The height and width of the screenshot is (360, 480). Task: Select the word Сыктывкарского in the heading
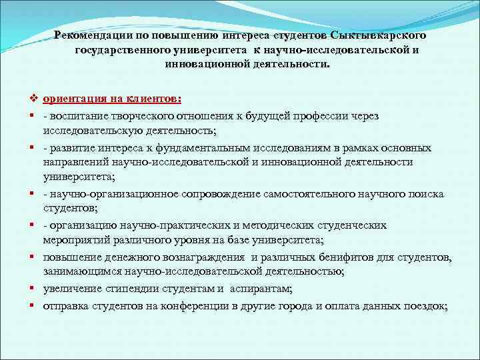pyautogui.click(x=383, y=34)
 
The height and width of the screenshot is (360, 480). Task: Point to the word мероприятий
pyautogui.click(x=76, y=240)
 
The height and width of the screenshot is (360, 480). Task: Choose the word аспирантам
pyautogui.click(x=263, y=288)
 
